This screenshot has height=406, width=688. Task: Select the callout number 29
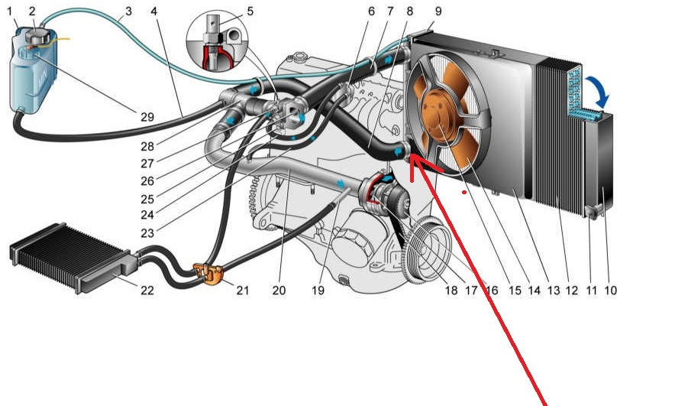(147, 118)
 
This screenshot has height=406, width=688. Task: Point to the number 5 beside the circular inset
(250, 12)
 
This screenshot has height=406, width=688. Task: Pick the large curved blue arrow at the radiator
(600, 96)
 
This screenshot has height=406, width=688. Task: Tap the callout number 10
(610, 291)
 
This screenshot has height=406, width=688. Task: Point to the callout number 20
(279, 291)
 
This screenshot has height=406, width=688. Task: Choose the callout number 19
(320, 291)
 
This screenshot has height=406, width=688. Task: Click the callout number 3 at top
(128, 11)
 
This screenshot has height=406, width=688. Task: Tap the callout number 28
(147, 145)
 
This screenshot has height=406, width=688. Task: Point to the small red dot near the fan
(465, 193)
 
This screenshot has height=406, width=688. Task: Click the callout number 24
(147, 216)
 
